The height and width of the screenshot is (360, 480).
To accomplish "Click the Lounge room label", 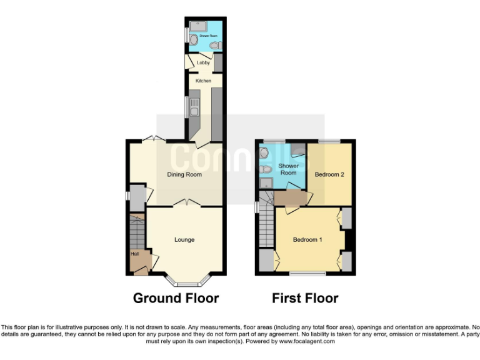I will click(x=184, y=239).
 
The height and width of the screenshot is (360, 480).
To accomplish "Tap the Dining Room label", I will click(x=184, y=174).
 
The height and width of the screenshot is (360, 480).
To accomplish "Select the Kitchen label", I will click(x=204, y=81).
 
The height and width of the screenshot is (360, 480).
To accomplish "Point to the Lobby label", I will click(x=203, y=62).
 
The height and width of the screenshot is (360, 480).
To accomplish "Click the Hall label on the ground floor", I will click(x=134, y=254).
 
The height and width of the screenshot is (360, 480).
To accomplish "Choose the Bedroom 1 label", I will click(x=308, y=239).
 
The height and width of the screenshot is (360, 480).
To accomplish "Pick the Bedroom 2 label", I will click(x=329, y=174).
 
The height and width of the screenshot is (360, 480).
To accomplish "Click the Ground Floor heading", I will click(x=176, y=298).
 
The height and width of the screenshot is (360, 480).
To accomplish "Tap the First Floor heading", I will click(x=305, y=298).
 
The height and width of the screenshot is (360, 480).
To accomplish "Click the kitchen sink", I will click(x=194, y=107).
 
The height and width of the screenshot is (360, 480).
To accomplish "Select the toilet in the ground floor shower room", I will click(x=214, y=46).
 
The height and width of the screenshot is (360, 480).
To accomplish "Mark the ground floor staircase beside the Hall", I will click(x=136, y=232).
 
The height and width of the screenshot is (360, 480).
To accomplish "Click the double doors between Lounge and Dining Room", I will click(x=184, y=202).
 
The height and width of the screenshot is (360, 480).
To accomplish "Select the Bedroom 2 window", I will click(x=329, y=141).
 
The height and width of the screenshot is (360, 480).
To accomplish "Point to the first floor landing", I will click(x=292, y=198).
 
